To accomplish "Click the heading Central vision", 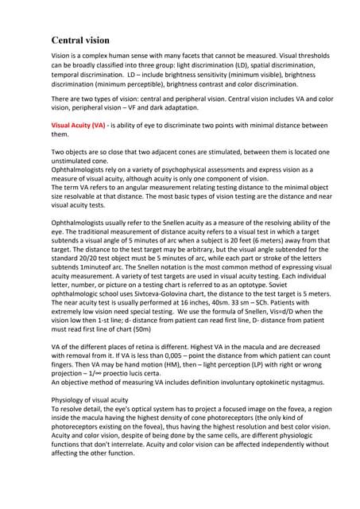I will tap(81, 40).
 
